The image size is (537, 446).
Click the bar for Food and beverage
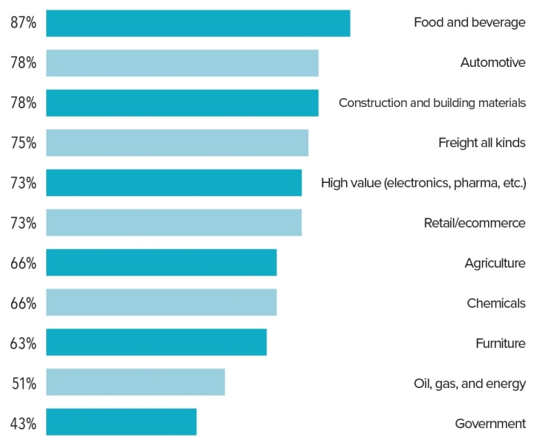click(x=198, y=23)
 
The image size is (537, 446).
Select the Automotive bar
click(x=182, y=63)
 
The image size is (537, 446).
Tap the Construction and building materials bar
click(x=182, y=103)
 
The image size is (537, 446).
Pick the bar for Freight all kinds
click(x=177, y=143)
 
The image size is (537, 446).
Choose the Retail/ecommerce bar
click(x=174, y=222)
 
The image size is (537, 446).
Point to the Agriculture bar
click(x=161, y=262)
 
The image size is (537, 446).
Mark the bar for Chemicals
click(x=161, y=303)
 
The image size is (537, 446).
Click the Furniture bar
click(x=156, y=342)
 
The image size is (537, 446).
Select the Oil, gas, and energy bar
click(x=135, y=382)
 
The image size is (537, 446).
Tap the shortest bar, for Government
click(x=121, y=421)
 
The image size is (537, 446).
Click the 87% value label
click(x=23, y=23)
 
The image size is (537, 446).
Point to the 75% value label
click(x=23, y=143)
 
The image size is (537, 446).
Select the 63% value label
click(x=23, y=343)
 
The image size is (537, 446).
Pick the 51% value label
click(x=23, y=383)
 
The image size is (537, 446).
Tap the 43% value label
click(x=23, y=423)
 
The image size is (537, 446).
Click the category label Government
click(x=490, y=424)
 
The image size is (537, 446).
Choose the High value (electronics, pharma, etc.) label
click(x=423, y=183)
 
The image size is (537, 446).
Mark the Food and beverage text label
click(x=469, y=23)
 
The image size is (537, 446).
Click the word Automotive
click(x=492, y=63)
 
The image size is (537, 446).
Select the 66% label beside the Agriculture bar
click(x=23, y=263)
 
